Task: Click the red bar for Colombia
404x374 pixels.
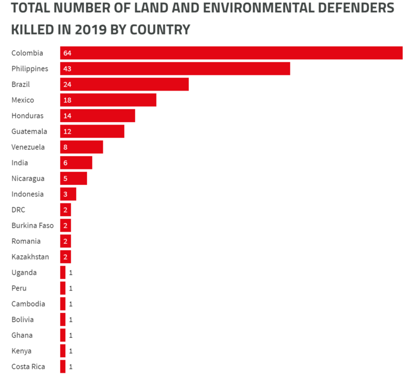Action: (x=231, y=53)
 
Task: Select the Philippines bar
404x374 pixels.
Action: (x=175, y=69)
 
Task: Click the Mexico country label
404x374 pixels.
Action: (x=23, y=100)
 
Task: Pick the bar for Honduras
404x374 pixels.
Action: (x=97, y=116)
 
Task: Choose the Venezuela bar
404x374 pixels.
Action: (x=81, y=147)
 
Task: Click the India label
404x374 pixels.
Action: (x=20, y=163)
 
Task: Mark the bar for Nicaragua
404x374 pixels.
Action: (x=73, y=179)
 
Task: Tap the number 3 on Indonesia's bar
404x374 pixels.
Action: (x=65, y=194)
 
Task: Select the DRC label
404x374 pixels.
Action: (x=18, y=210)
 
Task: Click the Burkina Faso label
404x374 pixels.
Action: (x=32, y=225)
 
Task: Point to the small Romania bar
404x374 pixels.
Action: (x=65, y=241)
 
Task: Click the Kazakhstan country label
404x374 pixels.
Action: (x=30, y=256)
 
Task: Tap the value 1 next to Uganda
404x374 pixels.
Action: (x=70, y=273)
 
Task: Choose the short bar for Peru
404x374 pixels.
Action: (x=62, y=288)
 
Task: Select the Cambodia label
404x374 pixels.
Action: (x=28, y=304)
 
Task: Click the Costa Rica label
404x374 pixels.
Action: (x=28, y=367)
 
